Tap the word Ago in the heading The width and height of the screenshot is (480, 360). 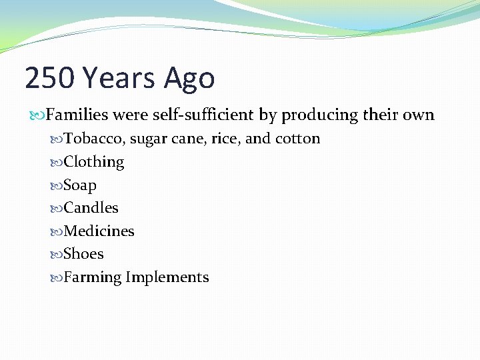tap(190, 79)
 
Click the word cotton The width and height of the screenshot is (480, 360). tap(297, 139)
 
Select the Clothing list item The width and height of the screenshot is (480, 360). tap(94, 162)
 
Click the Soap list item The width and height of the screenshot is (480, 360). tap(80, 185)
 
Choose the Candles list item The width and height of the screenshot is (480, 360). tap(91, 208)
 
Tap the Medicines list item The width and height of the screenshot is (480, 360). tap(99, 231)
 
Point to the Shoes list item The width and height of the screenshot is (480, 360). tap(83, 254)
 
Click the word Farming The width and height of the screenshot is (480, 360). tap(92, 278)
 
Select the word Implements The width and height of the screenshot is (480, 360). tap(167, 278)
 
